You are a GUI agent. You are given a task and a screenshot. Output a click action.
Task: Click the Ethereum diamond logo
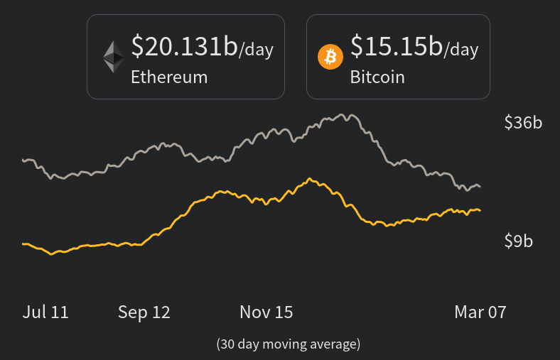point(113,57)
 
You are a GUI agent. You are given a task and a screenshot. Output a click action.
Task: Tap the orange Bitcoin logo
point(330,56)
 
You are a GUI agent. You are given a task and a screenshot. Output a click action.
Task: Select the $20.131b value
point(184,46)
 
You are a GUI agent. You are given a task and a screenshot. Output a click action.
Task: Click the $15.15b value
point(397,46)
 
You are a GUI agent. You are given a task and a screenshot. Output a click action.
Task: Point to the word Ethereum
point(169,77)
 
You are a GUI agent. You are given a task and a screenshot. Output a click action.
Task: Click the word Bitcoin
point(377,77)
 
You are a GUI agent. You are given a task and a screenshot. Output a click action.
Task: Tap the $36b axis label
point(523,123)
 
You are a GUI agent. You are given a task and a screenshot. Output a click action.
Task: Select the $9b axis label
point(518,241)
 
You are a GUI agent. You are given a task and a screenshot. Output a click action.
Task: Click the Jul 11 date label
point(45,312)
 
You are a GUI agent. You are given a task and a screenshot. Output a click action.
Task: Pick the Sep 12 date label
point(144,312)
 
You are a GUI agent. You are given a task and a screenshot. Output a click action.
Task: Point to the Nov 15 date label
point(266,312)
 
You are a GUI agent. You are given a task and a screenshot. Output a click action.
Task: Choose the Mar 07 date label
point(480,312)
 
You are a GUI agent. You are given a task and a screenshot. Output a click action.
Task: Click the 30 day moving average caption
point(289,344)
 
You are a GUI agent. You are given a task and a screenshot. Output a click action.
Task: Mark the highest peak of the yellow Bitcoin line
point(310,178)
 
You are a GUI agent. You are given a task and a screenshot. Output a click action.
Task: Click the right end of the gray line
point(480,187)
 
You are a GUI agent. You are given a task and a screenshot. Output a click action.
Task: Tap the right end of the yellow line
point(480,210)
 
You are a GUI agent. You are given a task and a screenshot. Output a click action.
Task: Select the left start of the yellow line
point(23,244)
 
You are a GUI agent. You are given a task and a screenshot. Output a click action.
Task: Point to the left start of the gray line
point(23,160)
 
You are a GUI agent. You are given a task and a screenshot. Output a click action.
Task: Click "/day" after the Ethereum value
point(257,50)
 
